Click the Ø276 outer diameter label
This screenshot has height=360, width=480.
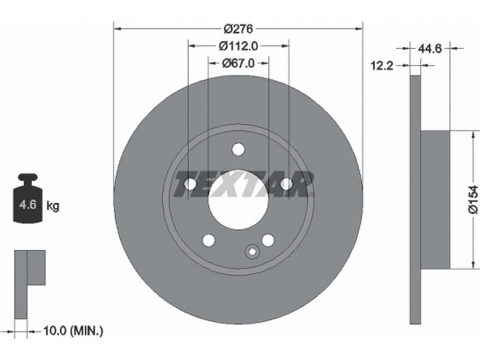pyautogui.click(x=238, y=29)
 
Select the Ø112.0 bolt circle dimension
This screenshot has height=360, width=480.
pyautogui.click(x=238, y=46)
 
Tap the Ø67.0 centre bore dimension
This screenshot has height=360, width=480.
pyautogui.click(x=238, y=64)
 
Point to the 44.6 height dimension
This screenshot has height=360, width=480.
pyautogui.click(x=430, y=49)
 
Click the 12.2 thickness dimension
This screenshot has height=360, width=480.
pyautogui.click(x=382, y=65)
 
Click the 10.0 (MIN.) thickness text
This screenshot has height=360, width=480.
pyautogui.click(x=73, y=331)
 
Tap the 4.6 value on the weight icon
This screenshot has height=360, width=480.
pyautogui.click(x=28, y=204)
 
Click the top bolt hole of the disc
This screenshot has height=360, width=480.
pyautogui.click(x=238, y=149)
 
